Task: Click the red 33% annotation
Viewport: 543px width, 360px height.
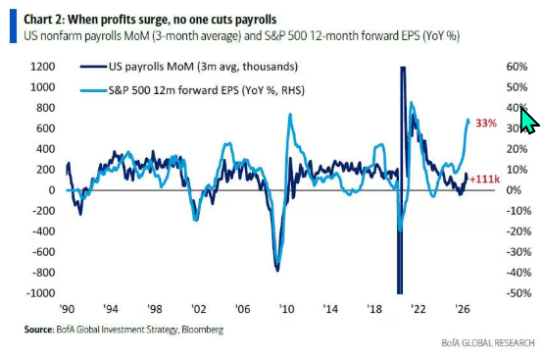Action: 486,123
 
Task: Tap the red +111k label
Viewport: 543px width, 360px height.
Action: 485,180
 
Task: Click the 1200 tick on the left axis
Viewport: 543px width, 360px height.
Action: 42,67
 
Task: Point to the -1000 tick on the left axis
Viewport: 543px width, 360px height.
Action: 40,293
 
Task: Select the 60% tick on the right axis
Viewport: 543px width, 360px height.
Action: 517,67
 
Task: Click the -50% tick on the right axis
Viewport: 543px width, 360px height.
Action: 518,293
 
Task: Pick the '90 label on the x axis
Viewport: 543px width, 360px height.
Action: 67,309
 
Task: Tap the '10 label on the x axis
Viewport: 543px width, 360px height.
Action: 286,309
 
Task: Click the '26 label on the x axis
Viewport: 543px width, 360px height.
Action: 463,309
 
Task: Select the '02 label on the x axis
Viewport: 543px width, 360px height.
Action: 198,309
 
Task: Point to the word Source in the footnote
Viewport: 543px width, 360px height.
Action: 38,330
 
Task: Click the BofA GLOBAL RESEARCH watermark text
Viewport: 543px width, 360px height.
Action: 488,343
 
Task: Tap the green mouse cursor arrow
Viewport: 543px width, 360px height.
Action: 529,120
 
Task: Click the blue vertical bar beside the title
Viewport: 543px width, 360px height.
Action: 13,26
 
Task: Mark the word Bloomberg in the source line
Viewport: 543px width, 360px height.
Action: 202,330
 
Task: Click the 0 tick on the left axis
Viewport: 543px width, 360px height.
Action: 52,190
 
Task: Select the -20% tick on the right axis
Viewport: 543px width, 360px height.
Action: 518,231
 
